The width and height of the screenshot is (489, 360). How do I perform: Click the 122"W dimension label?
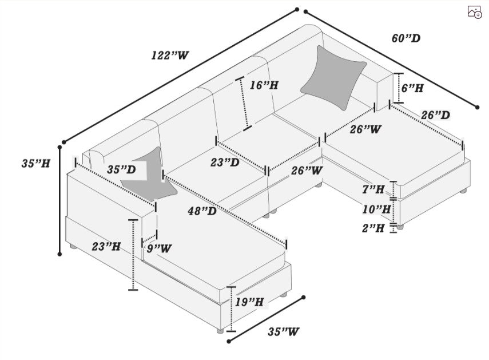170,55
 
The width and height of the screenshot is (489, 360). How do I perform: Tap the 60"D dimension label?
405,38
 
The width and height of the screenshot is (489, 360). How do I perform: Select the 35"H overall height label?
35,163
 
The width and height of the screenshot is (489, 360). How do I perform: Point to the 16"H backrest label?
264,85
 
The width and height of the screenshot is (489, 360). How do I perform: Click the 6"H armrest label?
412,88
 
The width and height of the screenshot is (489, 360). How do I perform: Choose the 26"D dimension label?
435,115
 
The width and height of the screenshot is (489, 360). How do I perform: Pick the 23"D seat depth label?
225,162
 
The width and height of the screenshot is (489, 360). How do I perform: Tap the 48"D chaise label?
202,211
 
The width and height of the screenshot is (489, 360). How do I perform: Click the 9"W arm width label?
159,248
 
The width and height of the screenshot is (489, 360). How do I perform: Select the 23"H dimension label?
106,247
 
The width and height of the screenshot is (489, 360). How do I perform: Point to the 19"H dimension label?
249,302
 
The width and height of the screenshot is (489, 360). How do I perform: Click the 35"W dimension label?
283,331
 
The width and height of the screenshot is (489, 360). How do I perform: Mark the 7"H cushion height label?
373,189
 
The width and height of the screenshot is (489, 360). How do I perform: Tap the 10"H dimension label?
376,209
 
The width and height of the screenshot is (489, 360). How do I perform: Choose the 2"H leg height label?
373,228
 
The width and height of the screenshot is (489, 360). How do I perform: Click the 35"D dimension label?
121,169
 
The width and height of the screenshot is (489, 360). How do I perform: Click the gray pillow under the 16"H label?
333,77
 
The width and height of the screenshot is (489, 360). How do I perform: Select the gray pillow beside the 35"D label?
150,176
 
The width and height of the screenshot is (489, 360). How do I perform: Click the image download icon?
474,12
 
